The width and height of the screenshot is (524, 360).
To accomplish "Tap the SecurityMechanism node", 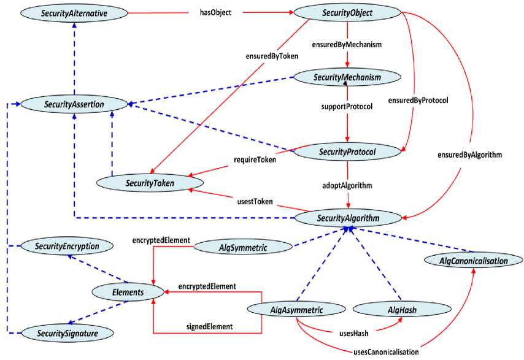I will pos(348,77).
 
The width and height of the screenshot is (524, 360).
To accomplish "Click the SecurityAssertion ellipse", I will pos(74,105).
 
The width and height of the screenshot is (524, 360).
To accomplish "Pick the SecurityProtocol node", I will pos(347,151).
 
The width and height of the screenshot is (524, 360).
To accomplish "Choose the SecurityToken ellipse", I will pos(148,182).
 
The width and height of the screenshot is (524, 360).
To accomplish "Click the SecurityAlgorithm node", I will pos(348,218).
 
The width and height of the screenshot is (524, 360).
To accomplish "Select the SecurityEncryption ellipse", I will pos(67,246).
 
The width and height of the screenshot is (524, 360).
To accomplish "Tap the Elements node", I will pos(128,293).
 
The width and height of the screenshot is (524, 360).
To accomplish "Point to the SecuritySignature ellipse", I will pos(67,332).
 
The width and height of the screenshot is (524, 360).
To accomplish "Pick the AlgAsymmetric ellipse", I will pos(296,309).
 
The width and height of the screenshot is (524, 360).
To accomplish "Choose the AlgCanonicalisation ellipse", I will pos(474,261).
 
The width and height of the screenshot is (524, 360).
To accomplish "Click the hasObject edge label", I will pos(215,12).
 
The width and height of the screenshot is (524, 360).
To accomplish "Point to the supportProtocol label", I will pos(347,107).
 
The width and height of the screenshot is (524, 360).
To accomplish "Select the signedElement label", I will pos(209,327).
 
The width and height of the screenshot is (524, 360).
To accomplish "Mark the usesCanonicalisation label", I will pos(387,352).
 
